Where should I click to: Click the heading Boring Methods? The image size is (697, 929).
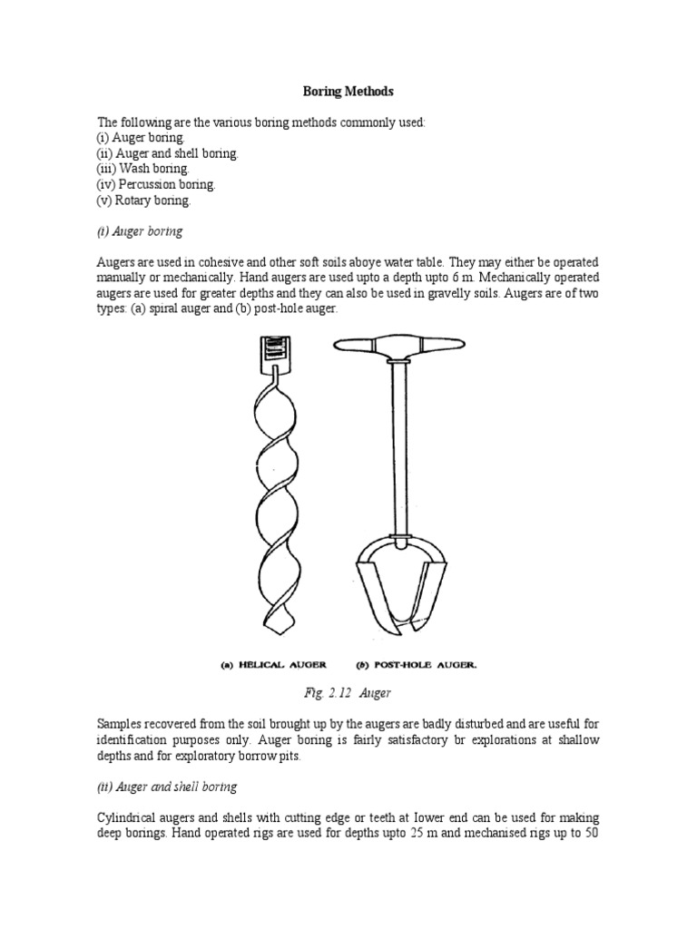(348, 92)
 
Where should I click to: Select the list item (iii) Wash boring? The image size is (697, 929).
(143, 169)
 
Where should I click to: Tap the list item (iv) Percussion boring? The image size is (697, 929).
(157, 184)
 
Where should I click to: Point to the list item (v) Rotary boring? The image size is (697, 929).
(144, 200)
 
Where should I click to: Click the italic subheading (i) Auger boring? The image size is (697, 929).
(140, 231)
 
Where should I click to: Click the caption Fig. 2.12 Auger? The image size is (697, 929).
(348, 694)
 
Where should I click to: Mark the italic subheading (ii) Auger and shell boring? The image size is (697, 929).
(167, 787)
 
